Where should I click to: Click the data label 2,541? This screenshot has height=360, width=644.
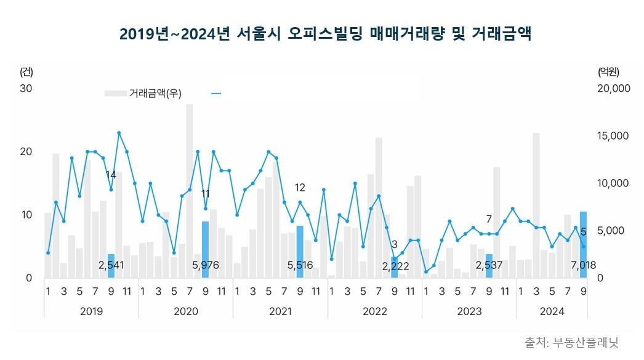point(111,266)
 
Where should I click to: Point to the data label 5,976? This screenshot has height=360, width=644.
point(206,266)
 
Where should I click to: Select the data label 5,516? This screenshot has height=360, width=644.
point(300,266)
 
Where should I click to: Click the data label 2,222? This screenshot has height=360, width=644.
point(395,266)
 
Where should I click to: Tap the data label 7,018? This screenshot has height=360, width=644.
point(583,266)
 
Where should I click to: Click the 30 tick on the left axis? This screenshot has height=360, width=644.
point(26,89)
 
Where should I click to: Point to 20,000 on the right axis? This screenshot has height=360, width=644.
point(614,89)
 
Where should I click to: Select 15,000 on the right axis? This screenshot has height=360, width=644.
point(614,136)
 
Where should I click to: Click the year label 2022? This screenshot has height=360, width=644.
point(375,311)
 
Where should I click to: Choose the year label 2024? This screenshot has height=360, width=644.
point(552,311)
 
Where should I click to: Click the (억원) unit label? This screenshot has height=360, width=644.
point(608,71)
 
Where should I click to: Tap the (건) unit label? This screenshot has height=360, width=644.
point(26,71)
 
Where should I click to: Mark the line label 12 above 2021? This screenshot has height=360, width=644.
point(300,188)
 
